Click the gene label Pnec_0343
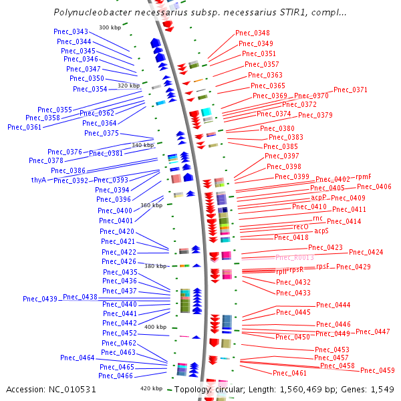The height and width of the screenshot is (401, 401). click(71, 31)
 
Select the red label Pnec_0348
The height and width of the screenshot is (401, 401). click(253, 33)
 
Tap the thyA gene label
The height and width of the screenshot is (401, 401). click(39, 180)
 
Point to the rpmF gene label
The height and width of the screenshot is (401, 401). click(364, 176)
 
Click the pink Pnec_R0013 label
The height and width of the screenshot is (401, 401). click(295, 257)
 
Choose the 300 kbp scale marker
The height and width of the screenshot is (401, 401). click(110, 27)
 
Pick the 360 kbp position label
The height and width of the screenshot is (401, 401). click(152, 205)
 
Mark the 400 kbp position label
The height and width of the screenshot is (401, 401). click(155, 327)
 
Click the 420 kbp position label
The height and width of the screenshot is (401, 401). click(152, 388)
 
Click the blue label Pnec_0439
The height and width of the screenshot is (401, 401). click(40, 299)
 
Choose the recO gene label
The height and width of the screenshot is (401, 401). click(301, 227)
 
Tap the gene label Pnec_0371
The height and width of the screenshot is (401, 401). click(351, 90)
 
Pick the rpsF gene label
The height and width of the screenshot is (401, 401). click(323, 266)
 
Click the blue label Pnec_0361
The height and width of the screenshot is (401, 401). click(25, 127)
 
